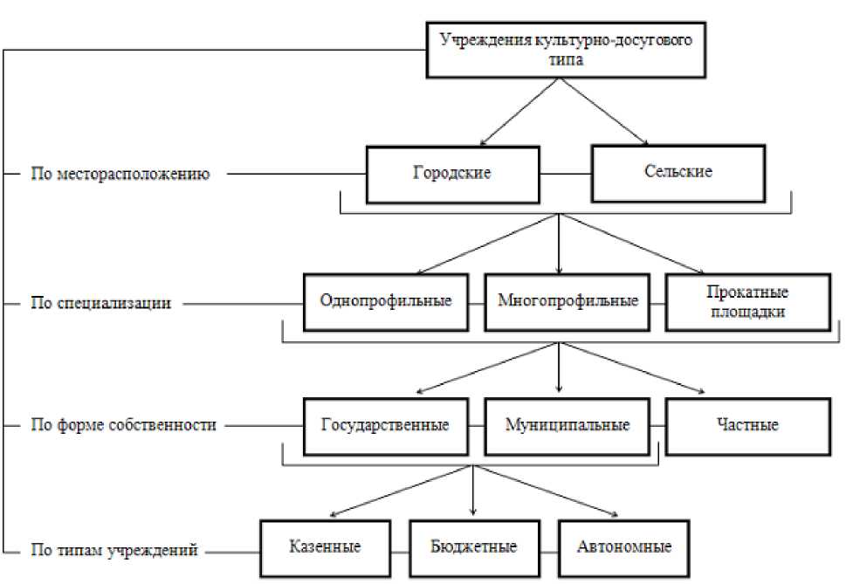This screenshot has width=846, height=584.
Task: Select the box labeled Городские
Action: (x=451, y=173)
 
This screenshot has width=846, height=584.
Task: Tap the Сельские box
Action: (x=677, y=172)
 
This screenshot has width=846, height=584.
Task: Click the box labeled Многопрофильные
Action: (x=567, y=302)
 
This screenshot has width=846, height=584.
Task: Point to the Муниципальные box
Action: (x=567, y=426)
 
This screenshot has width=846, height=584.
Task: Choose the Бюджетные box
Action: (x=473, y=547)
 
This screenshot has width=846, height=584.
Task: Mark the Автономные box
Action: (x=623, y=547)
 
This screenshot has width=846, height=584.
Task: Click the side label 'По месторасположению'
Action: (x=121, y=174)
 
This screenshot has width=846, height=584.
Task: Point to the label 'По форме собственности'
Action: (x=121, y=426)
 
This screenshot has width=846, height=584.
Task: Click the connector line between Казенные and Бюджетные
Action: (x=399, y=550)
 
